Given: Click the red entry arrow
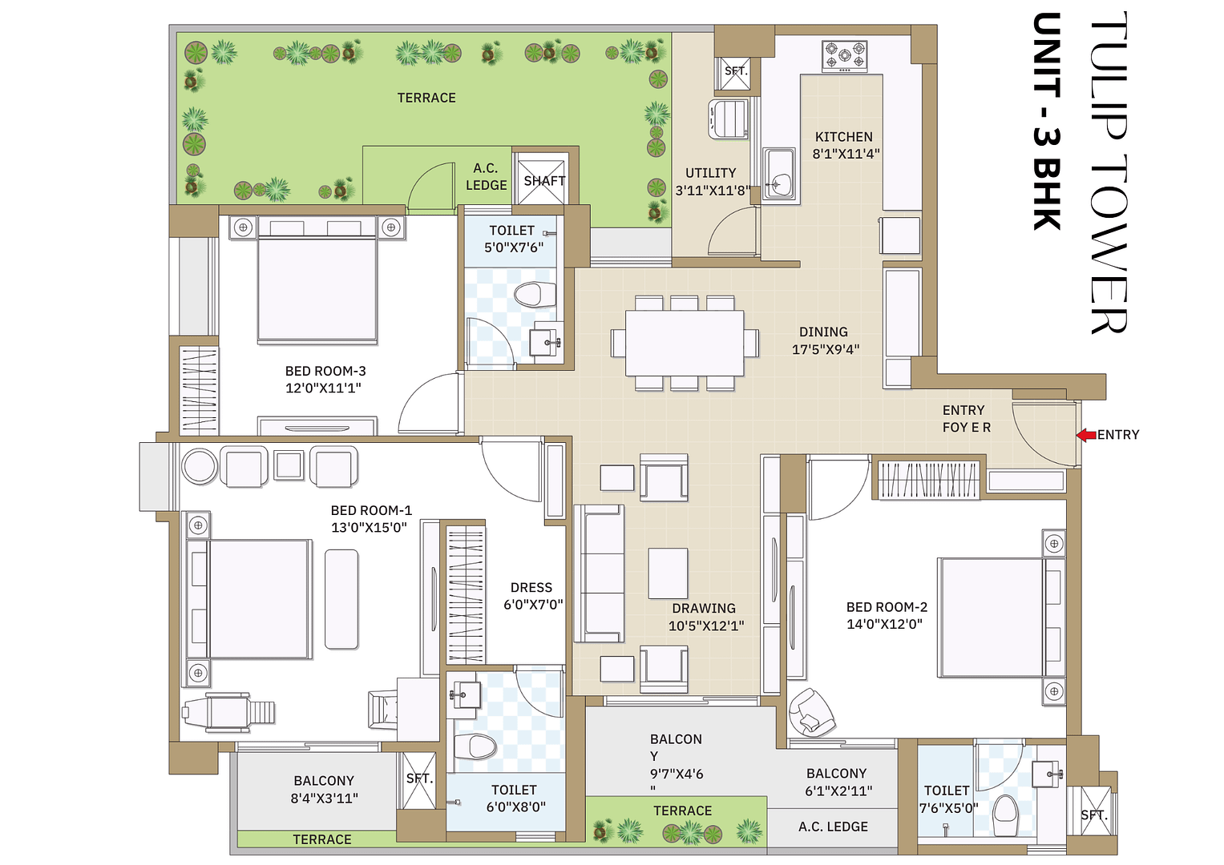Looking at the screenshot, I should coord(1085,435).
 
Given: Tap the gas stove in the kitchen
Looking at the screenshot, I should coord(844,57).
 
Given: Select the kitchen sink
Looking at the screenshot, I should coord(778,175).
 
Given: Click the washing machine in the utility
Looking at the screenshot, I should coord(729,119).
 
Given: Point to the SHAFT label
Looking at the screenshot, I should coord(544,181).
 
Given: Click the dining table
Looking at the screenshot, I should coord(685,343).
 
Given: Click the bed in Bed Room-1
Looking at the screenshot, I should coord(250,598).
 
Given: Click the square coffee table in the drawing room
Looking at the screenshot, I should coord(668,573).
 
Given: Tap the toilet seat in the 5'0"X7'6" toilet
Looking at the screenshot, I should coord(535,294).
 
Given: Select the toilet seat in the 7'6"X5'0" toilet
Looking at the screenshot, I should coord(1004,815).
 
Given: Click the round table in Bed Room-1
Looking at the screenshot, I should coord(199,466).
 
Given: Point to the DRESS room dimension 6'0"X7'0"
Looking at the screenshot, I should coord(533,605).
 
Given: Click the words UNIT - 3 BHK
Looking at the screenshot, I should coord(1047,122).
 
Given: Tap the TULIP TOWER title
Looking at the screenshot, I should coord(1109,172).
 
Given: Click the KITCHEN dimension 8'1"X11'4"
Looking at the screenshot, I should coord(846,154).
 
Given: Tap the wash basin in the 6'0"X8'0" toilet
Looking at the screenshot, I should coord(466,694).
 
